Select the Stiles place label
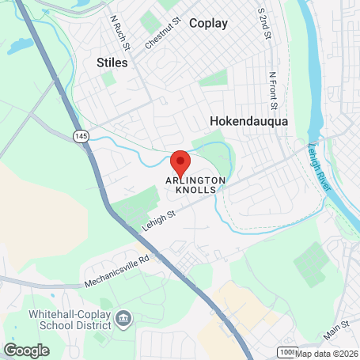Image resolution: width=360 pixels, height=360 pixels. click(111, 62)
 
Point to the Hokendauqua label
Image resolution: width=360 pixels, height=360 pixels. click(248, 121)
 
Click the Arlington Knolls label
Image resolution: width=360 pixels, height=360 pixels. click(195, 184)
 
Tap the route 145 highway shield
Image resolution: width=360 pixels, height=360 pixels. click(81, 137)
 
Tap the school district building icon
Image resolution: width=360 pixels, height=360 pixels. click(122, 318)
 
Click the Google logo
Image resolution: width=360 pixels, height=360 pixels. click(26, 350)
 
